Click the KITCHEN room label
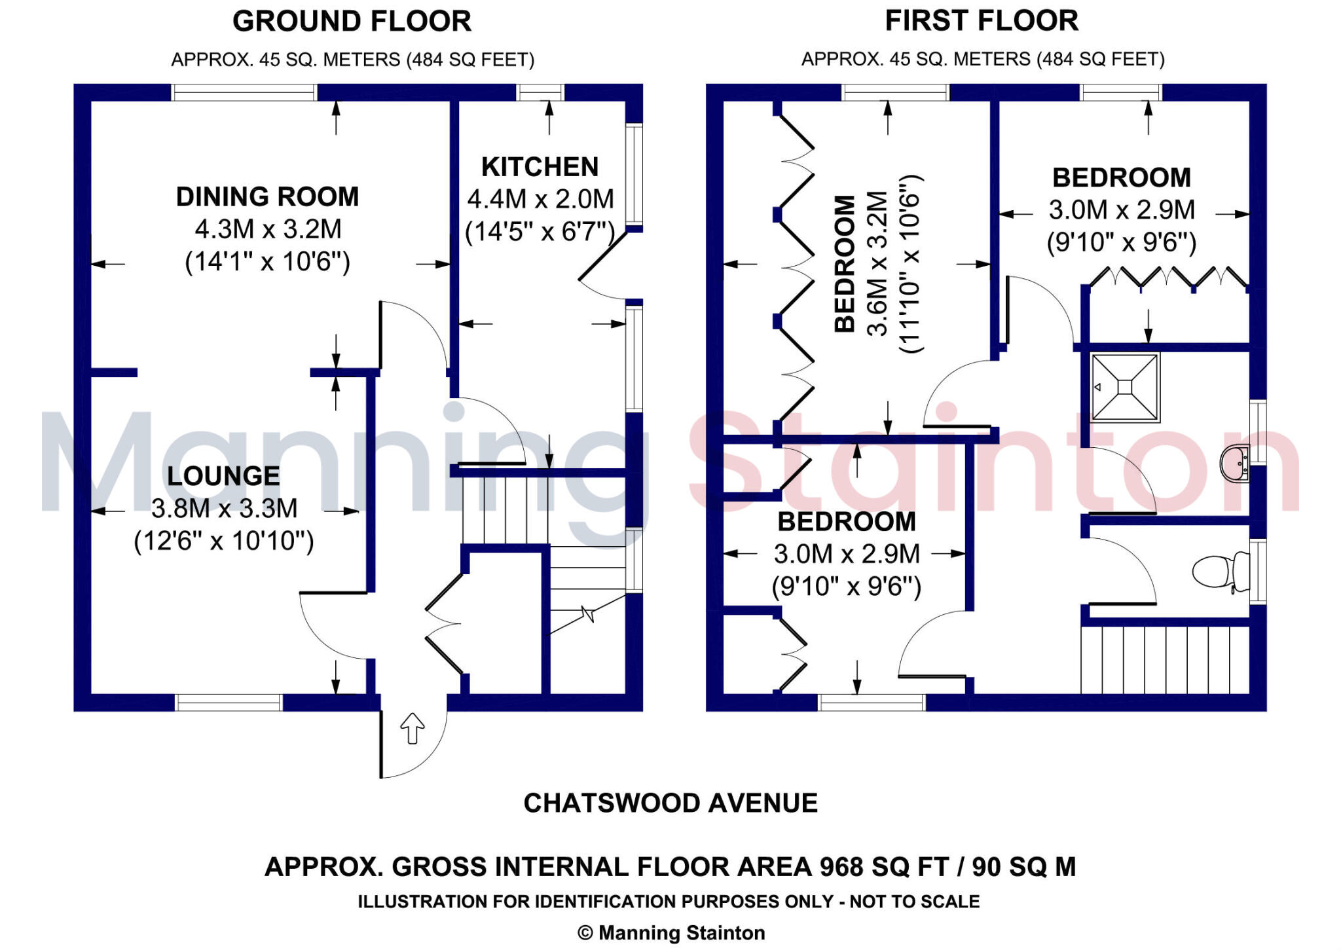pos(540,167)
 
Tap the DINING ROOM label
pos(267,196)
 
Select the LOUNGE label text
pos(223,476)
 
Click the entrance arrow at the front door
pos(413,728)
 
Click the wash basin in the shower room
pos(1235,464)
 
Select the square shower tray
pos(1125,387)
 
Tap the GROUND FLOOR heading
pos(352,21)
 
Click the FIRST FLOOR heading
pos(982,20)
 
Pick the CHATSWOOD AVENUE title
pos(670,803)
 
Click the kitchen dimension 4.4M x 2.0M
pos(540,198)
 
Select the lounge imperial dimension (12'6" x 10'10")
pos(224,541)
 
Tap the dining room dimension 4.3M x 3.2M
pos(268,229)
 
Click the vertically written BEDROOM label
pos(845,264)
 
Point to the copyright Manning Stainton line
pos(671,933)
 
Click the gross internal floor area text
pos(670,867)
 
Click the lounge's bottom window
pos(229,703)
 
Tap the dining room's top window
pos(244,92)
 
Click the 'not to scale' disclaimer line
pos(669,902)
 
